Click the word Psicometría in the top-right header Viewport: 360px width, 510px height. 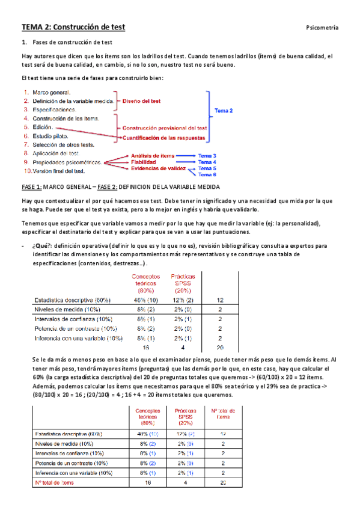click(322, 28)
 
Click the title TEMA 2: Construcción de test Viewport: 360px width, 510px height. click(73, 26)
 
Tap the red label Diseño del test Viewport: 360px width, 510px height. click(142, 102)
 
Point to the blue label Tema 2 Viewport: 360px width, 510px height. click(224, 110)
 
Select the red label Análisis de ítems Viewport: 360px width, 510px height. click(152, 156)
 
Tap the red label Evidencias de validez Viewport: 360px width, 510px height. click(156, 169)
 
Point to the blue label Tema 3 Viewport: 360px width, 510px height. click(207, 156)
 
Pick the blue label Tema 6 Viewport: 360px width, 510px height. click(207, 175)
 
